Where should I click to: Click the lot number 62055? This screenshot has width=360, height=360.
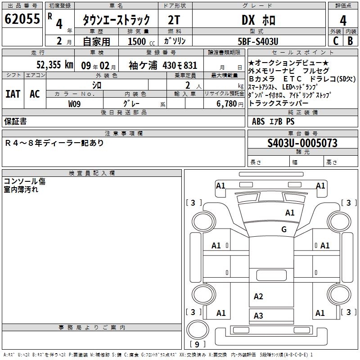[x=22, y=19]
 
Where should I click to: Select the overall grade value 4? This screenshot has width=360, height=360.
[x=343, y=21]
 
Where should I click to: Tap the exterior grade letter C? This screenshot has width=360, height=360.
[x=336, y=41]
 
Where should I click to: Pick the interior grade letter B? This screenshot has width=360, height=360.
[x=350, y=41]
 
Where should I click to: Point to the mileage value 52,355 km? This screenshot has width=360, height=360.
[x=55, y=65]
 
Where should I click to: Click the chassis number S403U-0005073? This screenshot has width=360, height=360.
[x=302, y=143]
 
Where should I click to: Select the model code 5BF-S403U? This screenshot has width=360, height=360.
[x=258, y=41]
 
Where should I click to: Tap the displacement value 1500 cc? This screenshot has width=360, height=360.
[x=141, y=41]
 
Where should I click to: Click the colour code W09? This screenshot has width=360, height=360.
[x=74, y=104]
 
